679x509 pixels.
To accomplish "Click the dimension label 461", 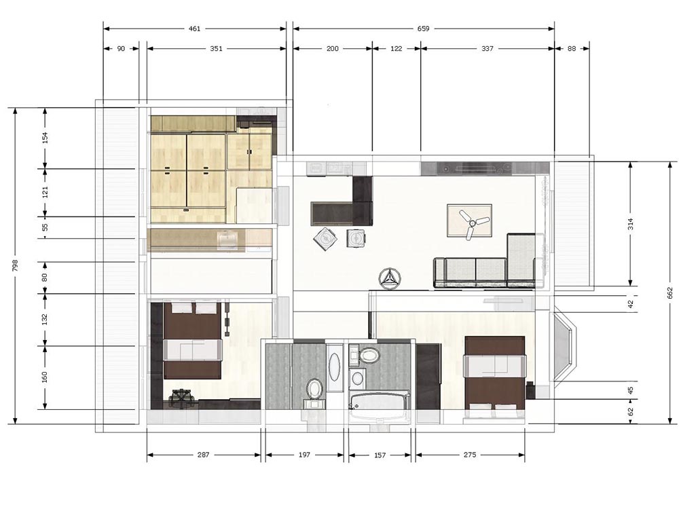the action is click(194, 29).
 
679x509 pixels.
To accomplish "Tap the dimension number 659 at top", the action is click(423, 29).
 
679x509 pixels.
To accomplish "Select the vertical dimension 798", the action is click(15, 266).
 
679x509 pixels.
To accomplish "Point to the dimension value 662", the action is click(670, 293).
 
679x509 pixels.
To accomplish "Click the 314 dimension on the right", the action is click(631, 224).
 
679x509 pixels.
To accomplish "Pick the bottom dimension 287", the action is click(203, 455).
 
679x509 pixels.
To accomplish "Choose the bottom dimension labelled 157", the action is click(380, 455).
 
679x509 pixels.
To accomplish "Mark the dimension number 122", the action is click(397, 49).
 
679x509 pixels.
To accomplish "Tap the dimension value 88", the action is click(572, 49).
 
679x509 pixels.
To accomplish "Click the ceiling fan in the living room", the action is click(471, 223).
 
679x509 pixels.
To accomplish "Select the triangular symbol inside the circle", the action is click(390, 278).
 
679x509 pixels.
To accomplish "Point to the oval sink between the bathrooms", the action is click(334, 368).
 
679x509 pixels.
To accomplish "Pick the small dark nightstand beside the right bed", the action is click(530, 390).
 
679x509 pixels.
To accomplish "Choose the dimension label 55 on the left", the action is click(45, 227).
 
